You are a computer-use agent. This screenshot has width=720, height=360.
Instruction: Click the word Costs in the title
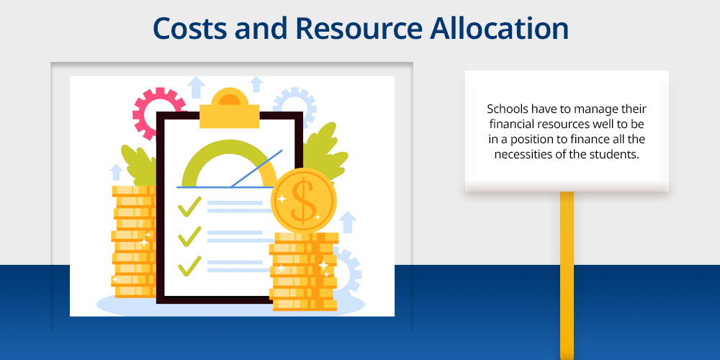189,29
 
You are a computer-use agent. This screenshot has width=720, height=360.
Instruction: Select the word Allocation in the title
500,29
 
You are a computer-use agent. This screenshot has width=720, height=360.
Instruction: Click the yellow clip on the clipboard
230,109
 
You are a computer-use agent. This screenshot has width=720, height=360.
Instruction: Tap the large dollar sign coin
304,201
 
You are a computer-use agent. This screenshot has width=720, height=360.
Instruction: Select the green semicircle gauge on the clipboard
229,163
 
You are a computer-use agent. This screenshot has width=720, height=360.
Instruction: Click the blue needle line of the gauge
256,168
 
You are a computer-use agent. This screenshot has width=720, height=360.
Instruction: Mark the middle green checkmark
189,236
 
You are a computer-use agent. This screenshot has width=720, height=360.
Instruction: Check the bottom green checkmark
189,266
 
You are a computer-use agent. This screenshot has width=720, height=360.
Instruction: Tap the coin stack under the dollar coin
304,272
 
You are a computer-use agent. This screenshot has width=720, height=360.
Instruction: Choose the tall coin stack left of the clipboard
134,241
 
